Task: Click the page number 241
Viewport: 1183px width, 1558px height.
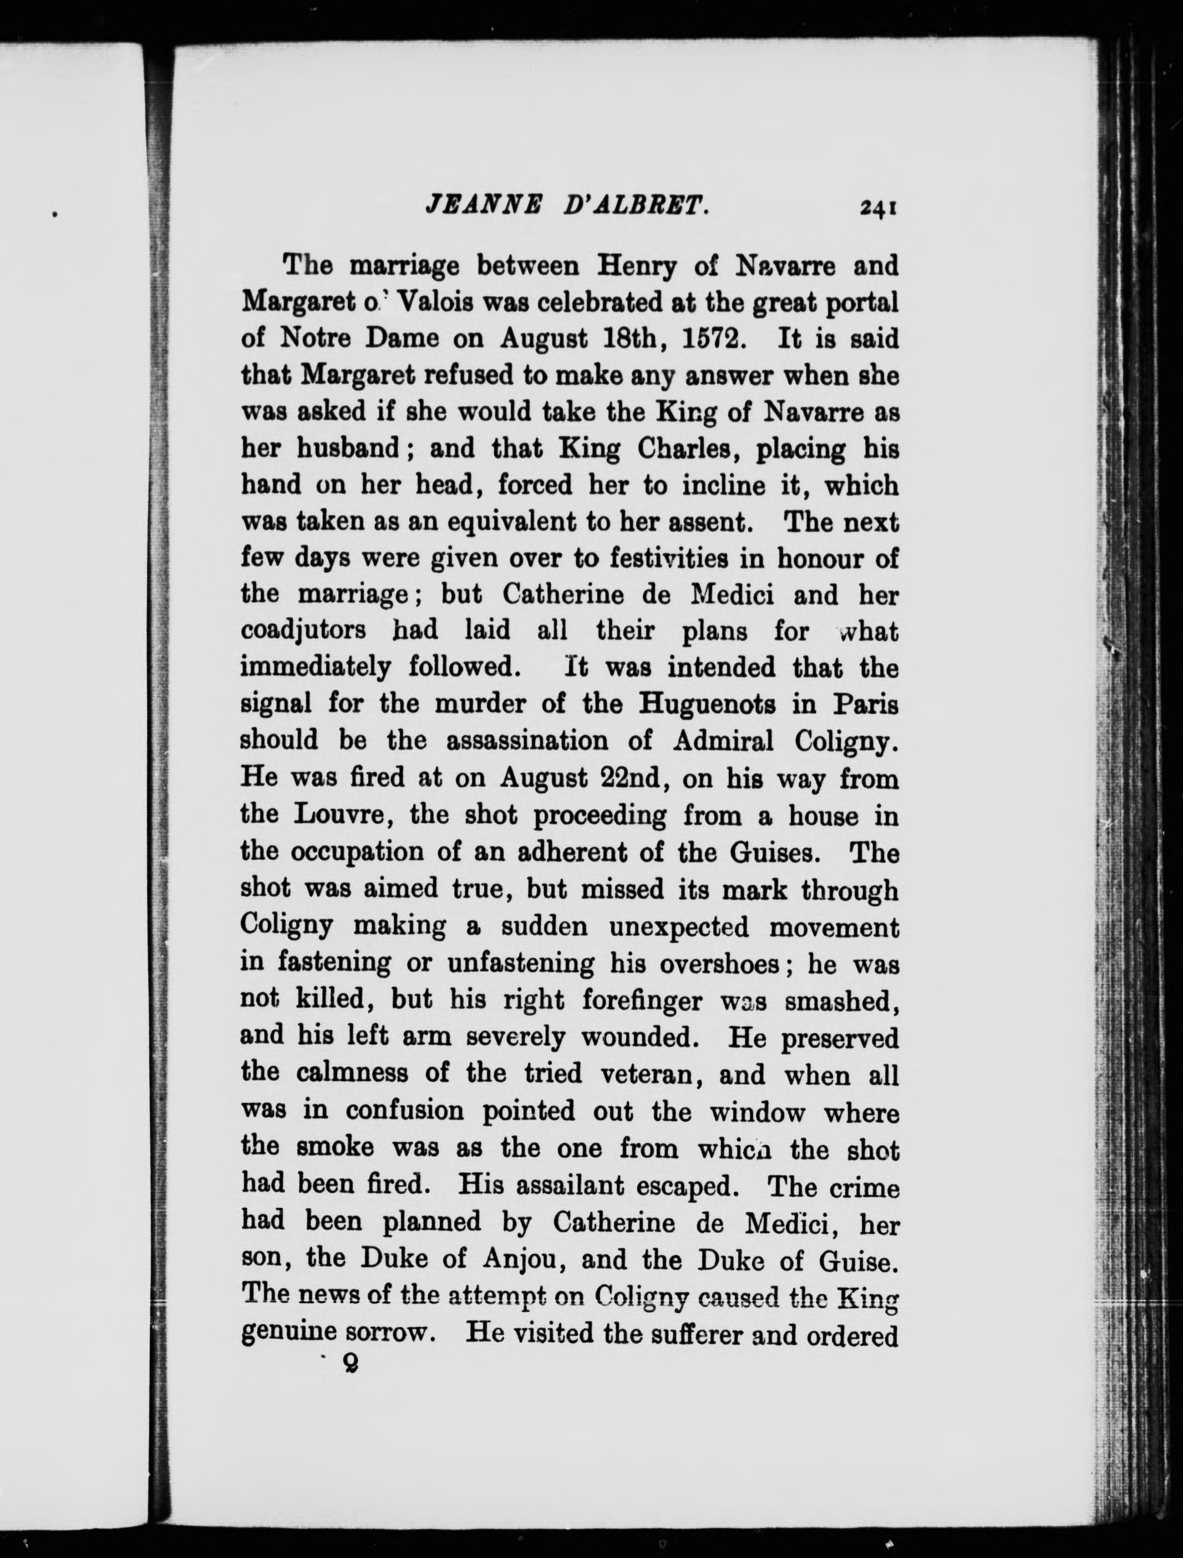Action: click(x=876, y=208)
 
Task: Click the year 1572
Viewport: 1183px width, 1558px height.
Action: click(x=715, y=339)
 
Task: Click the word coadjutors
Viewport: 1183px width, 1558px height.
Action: click(x=303, y=631)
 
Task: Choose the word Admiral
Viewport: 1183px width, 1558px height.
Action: click(x=723, y=740)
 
